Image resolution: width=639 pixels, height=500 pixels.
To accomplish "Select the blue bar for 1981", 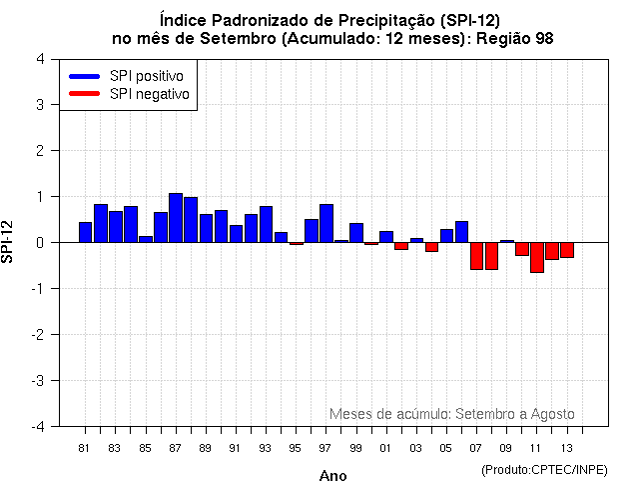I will coord(86,232).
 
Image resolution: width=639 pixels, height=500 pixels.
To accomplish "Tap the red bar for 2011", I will coord(536,257).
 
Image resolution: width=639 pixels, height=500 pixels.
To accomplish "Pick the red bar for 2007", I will coord(476,256).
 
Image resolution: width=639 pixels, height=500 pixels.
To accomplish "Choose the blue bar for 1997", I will coord(326,223).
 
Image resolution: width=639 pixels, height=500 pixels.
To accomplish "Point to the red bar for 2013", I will coord(566,250).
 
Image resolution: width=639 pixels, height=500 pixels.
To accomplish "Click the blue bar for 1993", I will coord(266,224).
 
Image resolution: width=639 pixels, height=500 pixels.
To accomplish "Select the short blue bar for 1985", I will coord(146,239).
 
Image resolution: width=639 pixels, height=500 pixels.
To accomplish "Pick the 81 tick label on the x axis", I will coord(85,447).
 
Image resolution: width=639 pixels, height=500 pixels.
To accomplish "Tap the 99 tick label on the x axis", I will coord(355,447).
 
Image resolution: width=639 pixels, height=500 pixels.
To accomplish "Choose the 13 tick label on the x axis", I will coord(566,447).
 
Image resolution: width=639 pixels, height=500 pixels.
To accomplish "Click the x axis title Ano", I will coord(333,476).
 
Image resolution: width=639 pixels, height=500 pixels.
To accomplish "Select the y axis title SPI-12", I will coord(10,242).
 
